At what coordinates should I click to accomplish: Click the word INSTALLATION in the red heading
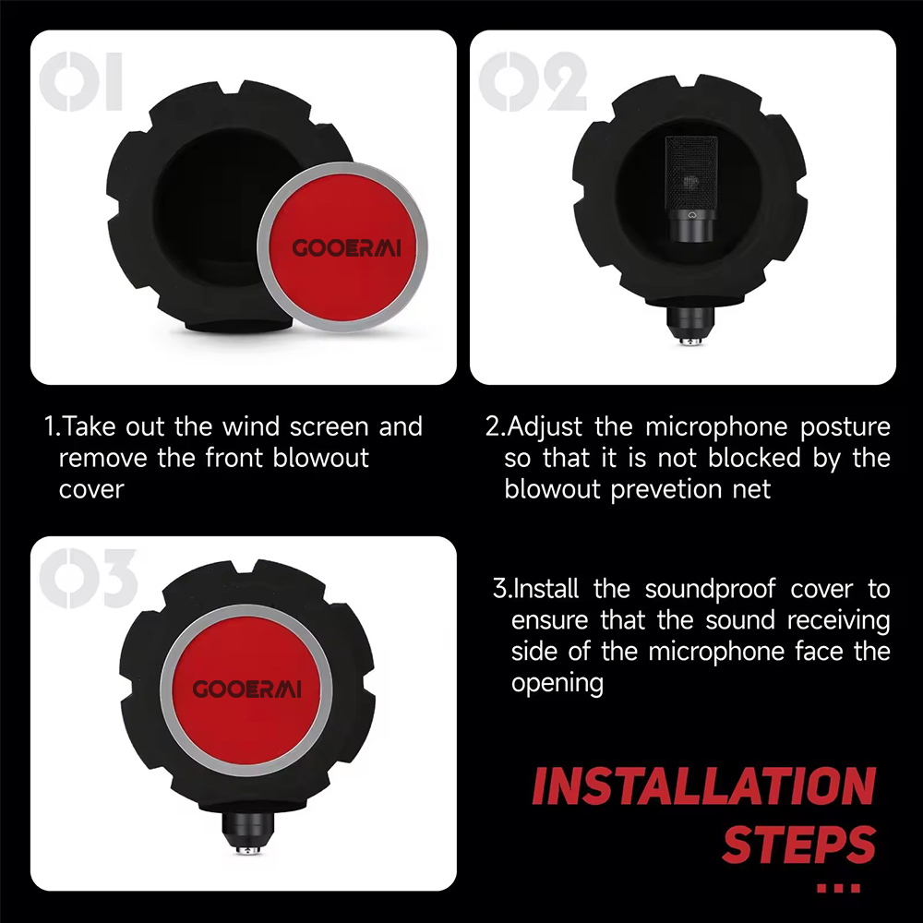pos(703,787)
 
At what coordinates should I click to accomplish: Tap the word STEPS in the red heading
pos(798,844)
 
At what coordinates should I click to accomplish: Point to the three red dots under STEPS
pos(839,888)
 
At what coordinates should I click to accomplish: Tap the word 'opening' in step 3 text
pos(557,684)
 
